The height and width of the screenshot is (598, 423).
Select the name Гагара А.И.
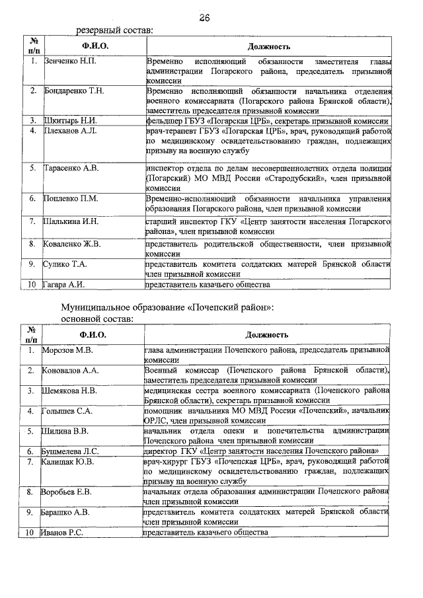tap(64, 285)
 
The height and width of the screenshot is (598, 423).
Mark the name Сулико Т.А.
tap(65, 264)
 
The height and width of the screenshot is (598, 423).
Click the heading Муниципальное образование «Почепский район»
tap(167, 308)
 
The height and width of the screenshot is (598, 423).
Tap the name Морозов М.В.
tap(68, 350)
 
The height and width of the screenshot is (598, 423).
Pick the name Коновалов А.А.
tap(71, 370)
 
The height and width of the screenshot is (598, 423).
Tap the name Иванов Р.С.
tap(64, 533)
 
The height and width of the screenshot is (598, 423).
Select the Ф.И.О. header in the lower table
tap(93, 334)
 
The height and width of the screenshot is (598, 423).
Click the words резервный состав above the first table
tap(114, 30)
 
